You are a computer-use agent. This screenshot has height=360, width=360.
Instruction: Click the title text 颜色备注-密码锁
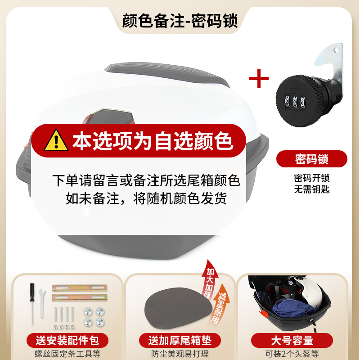(x=180, y=21)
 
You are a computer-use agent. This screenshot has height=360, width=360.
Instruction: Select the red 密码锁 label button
(x=311, y=159)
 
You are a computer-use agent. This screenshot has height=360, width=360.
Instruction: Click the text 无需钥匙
(x=311, y=189)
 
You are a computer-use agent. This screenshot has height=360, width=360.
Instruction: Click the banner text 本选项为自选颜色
(x=153, y=140)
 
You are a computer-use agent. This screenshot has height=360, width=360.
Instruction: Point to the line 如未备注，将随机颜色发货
(x=146, y=198)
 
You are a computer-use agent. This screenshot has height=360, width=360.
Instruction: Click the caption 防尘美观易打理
(x=180, y=354)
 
